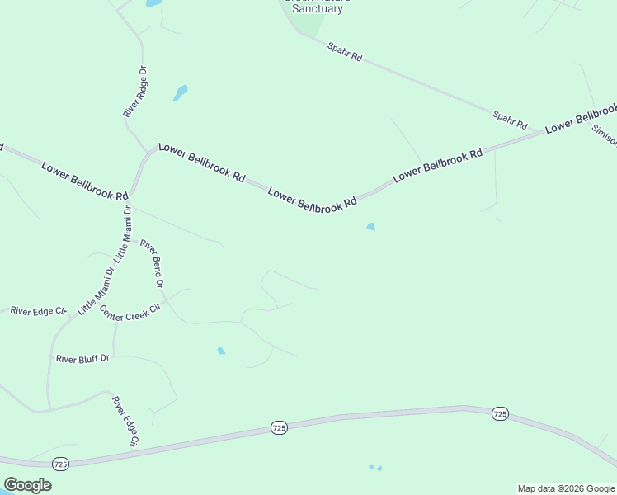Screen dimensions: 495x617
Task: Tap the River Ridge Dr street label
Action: click(135, 91)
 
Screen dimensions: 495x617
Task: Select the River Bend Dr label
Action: click(152, 263)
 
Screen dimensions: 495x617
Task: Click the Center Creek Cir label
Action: click(130, 313)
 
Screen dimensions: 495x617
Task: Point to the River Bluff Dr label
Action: click(82, 359)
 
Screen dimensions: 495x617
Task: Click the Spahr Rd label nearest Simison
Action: click(510, 120)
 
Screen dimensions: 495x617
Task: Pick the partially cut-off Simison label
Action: click(605, 135)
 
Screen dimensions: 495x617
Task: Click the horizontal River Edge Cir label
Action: click(38, 311)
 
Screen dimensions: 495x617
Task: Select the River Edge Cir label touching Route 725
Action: click(125, 422)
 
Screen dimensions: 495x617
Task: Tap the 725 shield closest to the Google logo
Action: click(60, 465)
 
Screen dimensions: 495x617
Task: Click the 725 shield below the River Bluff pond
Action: click(279, 427)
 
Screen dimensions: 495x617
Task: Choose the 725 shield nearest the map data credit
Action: click(499, 413)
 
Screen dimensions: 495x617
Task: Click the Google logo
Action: click(27, 485)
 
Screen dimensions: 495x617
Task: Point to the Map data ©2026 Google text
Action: click(566, 488)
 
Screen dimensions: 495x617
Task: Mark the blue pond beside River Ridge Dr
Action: click(180, 92)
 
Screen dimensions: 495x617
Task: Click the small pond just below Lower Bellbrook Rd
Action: click(371, 227)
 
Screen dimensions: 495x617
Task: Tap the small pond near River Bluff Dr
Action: click(221, 351)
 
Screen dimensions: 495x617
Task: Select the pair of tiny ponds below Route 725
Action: click(375, 468)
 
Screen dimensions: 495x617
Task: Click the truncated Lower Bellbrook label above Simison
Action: click(582, 117)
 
